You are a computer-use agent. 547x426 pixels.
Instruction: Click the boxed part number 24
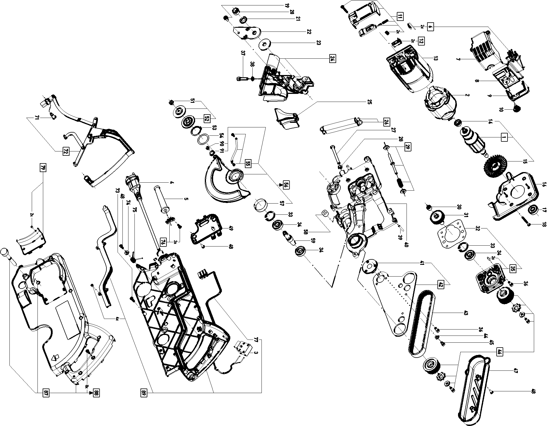(x=332, y=58)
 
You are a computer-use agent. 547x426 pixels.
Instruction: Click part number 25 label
(x=369, y=102)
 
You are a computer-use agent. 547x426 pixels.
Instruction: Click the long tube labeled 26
(x=339, y=126)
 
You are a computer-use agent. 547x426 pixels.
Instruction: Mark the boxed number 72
(x=66, y=152)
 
